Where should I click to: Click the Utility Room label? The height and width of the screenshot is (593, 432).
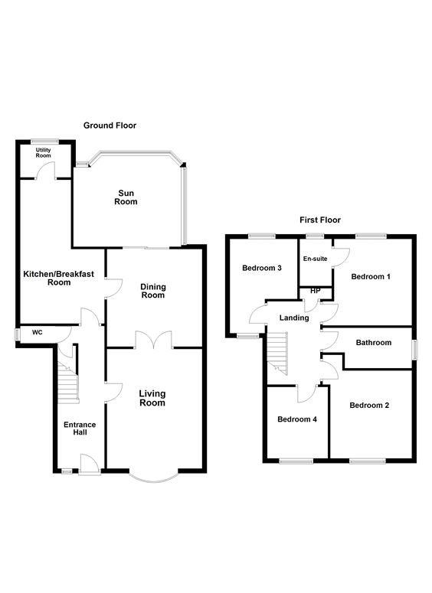click(43, 153)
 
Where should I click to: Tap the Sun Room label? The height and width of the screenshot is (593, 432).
click(126, 197)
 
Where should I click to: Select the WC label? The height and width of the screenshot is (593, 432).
click(37, 332)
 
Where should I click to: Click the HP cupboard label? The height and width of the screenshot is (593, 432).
click(315, 291)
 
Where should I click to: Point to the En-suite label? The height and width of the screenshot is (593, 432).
click(315, 259)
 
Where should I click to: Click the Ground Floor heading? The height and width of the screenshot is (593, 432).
click(110, 125)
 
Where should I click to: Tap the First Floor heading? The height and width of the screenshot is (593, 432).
click(320, 220)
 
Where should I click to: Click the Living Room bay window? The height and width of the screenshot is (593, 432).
click(153, 478)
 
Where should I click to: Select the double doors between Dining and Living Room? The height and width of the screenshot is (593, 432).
click(153, 340)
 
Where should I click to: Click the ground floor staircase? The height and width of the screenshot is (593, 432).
click(67, 383)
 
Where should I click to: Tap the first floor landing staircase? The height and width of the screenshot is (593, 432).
click(277, 354)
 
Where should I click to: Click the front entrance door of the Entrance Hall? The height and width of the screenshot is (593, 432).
click(90, 464)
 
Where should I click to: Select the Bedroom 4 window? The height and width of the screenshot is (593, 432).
click(296, 461)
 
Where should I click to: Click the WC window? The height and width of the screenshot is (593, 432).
click(17, 334)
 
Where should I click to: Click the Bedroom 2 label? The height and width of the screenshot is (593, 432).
click(369, 406)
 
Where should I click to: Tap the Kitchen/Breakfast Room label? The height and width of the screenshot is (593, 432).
click(59, 278)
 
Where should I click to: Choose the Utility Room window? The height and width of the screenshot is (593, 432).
click(44, 142)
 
